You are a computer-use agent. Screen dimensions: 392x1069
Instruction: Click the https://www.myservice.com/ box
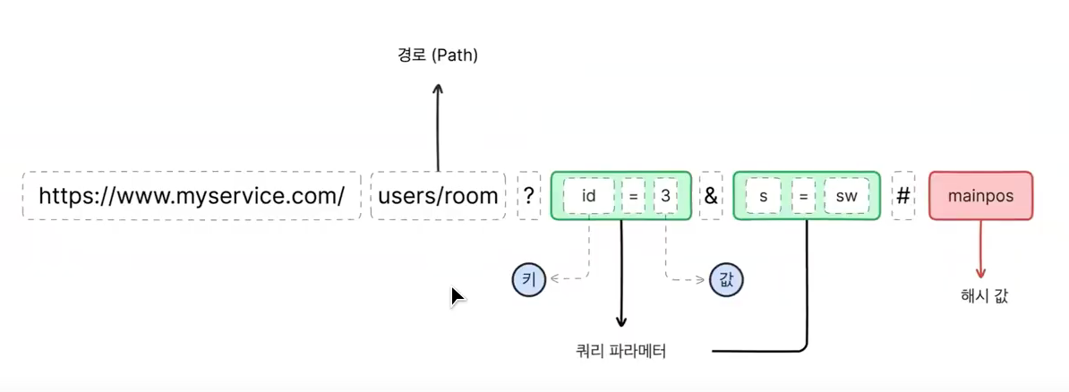click(x=191, y=195)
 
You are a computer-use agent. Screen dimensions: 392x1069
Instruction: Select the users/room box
click(x=438, y=195)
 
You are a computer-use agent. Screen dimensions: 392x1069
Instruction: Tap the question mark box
click(x=529, y=195)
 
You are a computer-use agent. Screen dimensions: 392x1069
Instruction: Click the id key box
click(x=589, y=195)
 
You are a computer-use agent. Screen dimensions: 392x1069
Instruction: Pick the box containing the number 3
click(x=665, y=195)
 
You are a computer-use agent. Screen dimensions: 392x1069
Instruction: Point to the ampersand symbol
click(x=711, y=195)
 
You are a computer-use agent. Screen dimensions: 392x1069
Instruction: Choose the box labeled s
click(x=763, y=195)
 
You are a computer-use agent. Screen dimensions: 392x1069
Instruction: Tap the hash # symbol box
click(x=903, y=195)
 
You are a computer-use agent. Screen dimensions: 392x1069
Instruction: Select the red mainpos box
click(x=980, y=195)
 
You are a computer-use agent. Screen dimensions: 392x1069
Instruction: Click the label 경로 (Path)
click(x=438, y=55)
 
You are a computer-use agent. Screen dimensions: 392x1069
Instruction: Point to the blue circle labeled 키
click(x=528, y=279)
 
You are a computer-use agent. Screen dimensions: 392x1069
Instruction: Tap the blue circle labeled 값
click(x=725, y=279)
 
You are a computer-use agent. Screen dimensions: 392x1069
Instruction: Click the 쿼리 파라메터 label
click(x=622, y=352)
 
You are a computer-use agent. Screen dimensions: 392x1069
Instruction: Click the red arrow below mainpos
click(x=981, y=251)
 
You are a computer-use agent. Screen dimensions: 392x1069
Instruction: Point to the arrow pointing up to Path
click(x=438, y=125)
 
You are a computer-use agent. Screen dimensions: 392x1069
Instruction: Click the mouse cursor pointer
click(x=457, y=296)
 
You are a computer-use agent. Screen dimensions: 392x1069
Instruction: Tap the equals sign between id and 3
click(x=632, y=195)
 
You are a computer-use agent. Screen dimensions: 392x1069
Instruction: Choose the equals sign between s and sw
click(x=803, y=195)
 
